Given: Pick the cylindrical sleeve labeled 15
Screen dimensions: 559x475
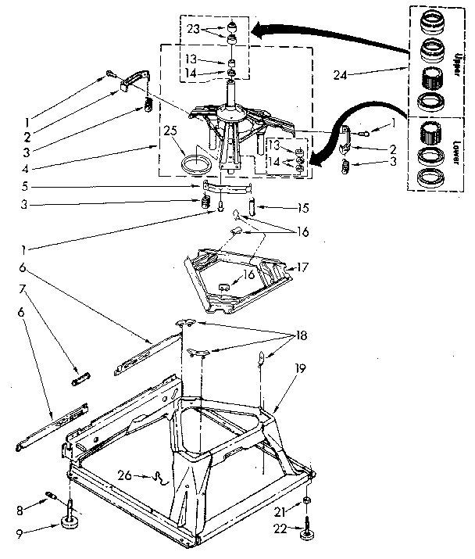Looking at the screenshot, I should [252, 206].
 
